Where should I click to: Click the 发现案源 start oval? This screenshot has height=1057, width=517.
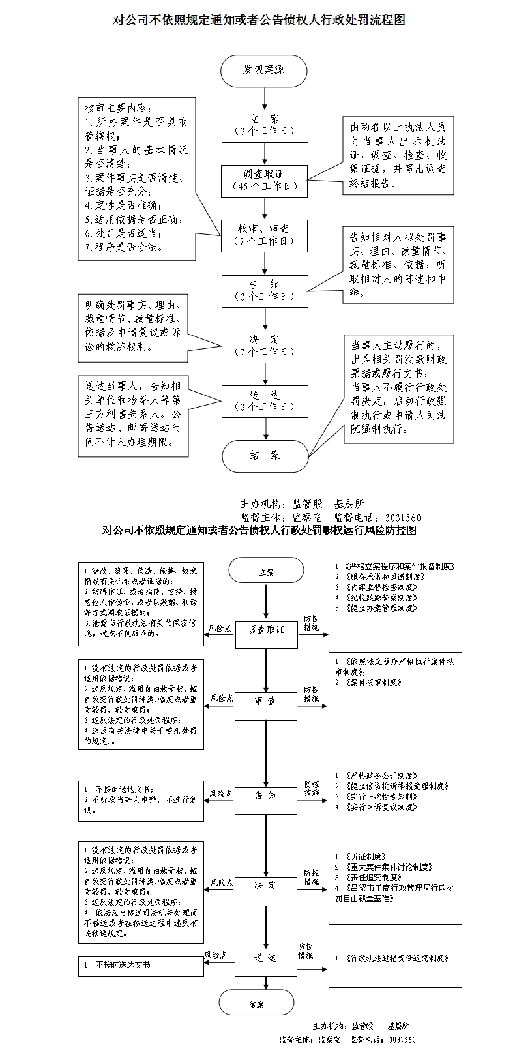264,70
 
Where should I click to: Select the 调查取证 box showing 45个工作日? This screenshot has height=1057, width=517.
264,180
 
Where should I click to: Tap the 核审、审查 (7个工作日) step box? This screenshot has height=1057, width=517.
264,235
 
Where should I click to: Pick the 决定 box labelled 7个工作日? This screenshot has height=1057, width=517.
264,346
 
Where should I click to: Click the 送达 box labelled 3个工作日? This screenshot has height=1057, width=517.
264,400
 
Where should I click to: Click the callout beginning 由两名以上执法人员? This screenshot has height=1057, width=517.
398,155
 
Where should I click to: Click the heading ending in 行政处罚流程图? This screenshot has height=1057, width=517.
259,20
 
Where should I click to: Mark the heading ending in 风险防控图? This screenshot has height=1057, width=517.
259,530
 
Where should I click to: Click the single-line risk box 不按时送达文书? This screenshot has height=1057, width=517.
141,965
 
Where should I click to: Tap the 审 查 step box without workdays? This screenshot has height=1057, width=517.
266,701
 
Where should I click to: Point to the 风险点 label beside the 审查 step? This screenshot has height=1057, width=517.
221,698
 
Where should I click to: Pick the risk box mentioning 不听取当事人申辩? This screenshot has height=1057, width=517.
141,800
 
